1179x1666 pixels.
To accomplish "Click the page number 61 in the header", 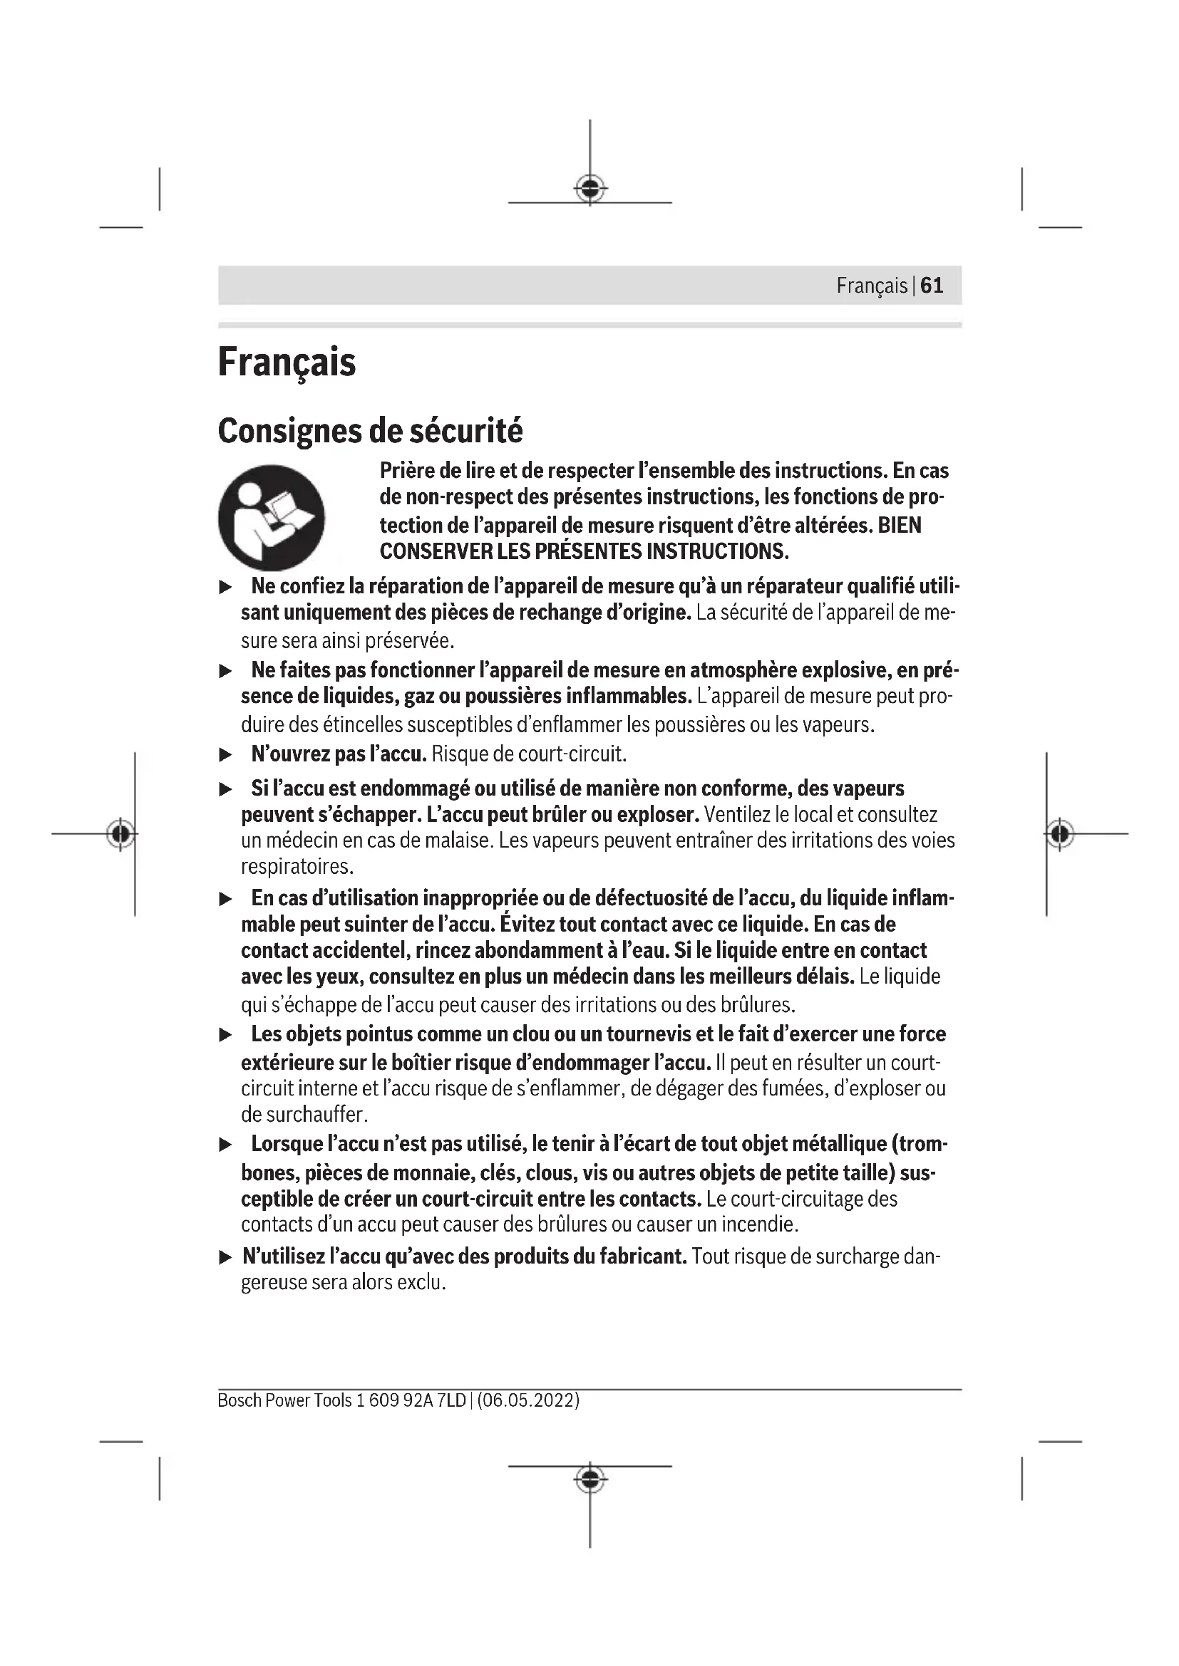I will pos(932,285).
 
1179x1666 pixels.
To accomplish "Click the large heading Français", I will pos(287,362).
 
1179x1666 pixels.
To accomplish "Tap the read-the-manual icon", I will pos(272,517).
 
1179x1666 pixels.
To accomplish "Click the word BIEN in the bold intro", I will pos(900,525).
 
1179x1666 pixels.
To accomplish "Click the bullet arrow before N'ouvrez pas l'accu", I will pos(226,754).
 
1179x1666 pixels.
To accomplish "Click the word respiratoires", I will pos(297,867).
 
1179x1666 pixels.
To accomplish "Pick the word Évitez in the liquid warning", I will pos(536,924).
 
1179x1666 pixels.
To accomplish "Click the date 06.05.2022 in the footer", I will pos(527,1400).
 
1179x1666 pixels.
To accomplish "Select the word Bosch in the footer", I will pos(239,1400).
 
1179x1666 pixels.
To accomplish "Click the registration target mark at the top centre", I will pos(590,189).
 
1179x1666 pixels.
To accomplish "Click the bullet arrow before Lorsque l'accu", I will pos(226,1145).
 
